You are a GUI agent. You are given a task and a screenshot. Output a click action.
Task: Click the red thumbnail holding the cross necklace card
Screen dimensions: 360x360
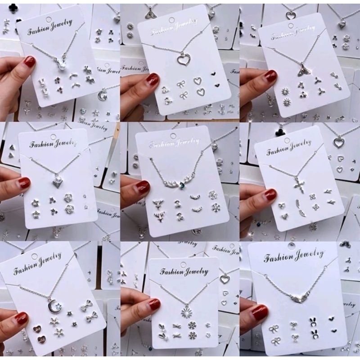[x=270, y=194]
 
